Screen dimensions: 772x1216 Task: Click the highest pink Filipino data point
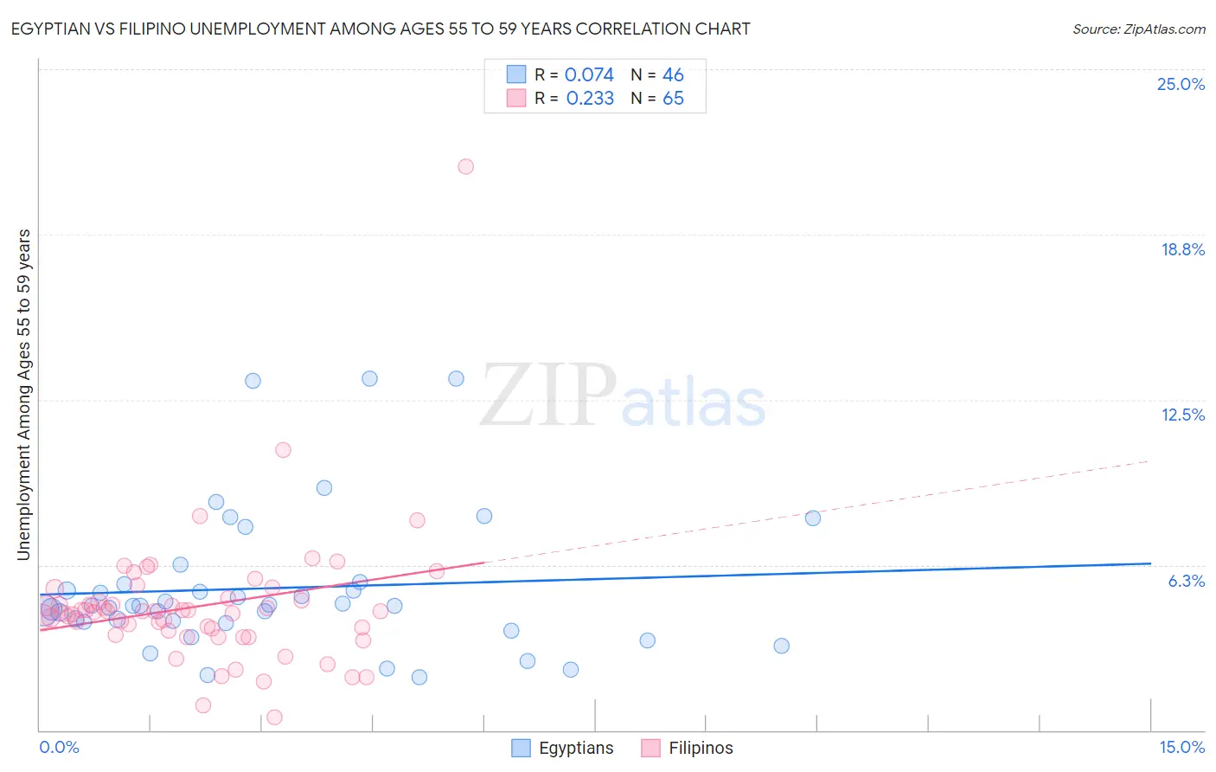tap(465, 166)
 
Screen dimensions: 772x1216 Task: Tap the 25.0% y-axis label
tap(1181, 84)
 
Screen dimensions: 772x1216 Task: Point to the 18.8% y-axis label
tap(1182, 249)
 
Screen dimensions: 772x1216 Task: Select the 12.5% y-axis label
tap(1182, 415)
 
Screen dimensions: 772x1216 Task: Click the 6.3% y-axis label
tap(1186, 581)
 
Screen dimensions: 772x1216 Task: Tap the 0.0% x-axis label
tap(59, 748)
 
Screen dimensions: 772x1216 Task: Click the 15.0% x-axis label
tap(1181, 748)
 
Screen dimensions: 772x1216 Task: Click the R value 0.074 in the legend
tap(589, 74)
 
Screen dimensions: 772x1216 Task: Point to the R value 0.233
tap(590, 99)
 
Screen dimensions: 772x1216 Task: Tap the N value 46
tap(673, 74)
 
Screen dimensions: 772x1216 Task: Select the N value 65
tap(673, 99)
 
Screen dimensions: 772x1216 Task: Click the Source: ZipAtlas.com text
tap(1138, 29)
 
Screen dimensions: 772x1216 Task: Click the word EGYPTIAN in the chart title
tap(52, 29)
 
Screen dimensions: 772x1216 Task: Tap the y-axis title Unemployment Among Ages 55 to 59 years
tap(23, 395)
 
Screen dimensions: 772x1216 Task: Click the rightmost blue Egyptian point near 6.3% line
tap(813, 518)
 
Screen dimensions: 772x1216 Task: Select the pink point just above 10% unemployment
tap(283, 450)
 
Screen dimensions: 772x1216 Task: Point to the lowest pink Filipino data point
tap(274, 717)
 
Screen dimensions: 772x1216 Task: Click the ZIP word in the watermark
tap(547, 396)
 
